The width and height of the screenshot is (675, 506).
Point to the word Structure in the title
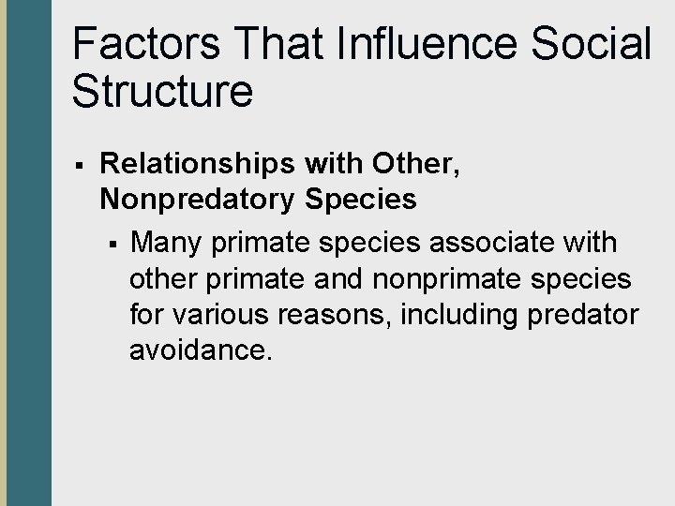coord(161,91)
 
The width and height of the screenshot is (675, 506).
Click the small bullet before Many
coord(112,245)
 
